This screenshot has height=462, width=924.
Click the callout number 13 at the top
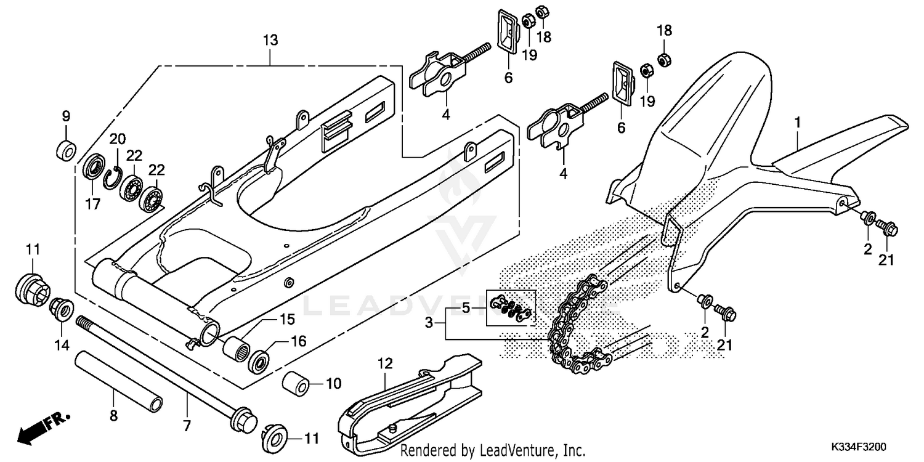click(x=270, y=41)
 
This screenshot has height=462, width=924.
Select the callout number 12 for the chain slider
click(x=384, y=364)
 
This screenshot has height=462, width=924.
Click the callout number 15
click(x=288, y=320)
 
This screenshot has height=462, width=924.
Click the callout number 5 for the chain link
click(x=466, y=307)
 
